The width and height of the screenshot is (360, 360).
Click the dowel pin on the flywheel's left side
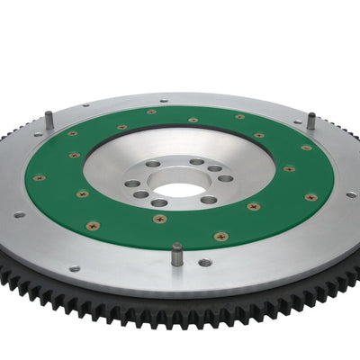[49, 118]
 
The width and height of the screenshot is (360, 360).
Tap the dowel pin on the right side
[310, 120]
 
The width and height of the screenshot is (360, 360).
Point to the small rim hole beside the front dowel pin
[205, 262]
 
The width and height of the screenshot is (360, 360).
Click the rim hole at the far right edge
[349, 193]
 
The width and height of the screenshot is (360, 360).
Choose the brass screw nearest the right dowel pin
[307, 147]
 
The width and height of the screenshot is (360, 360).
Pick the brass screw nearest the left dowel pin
[71, 134]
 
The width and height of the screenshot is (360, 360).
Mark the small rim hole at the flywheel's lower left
[74, 267]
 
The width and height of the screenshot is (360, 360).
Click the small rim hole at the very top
[162, 101]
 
